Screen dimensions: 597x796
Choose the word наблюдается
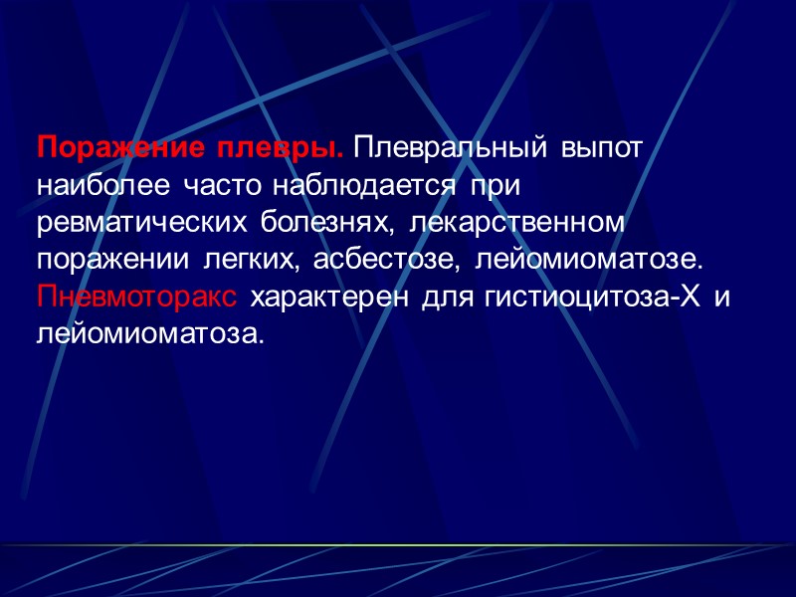click(362, 186)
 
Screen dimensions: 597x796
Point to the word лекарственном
click(516, 223)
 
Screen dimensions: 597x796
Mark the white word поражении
click(114, 261)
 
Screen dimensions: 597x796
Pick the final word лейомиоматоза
click(151, 335)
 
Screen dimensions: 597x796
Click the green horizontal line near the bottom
click(398, 546)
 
